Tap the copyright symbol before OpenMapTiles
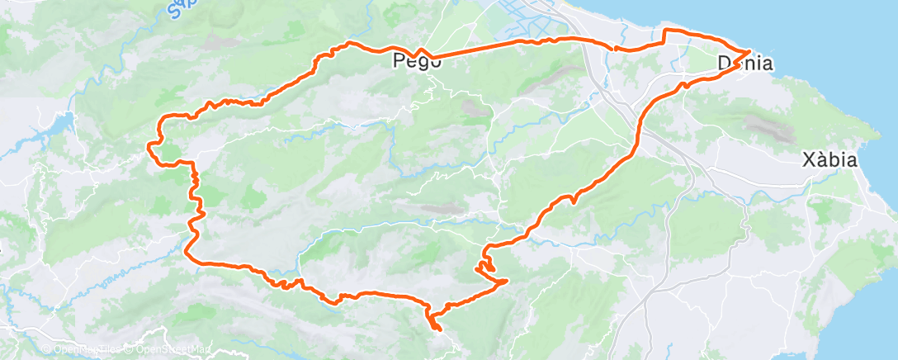[46, 350]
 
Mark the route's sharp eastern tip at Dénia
[749, 52]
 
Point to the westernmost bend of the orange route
[149, 146]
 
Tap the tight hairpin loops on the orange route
[485, 264]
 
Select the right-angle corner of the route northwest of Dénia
[666, 31]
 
